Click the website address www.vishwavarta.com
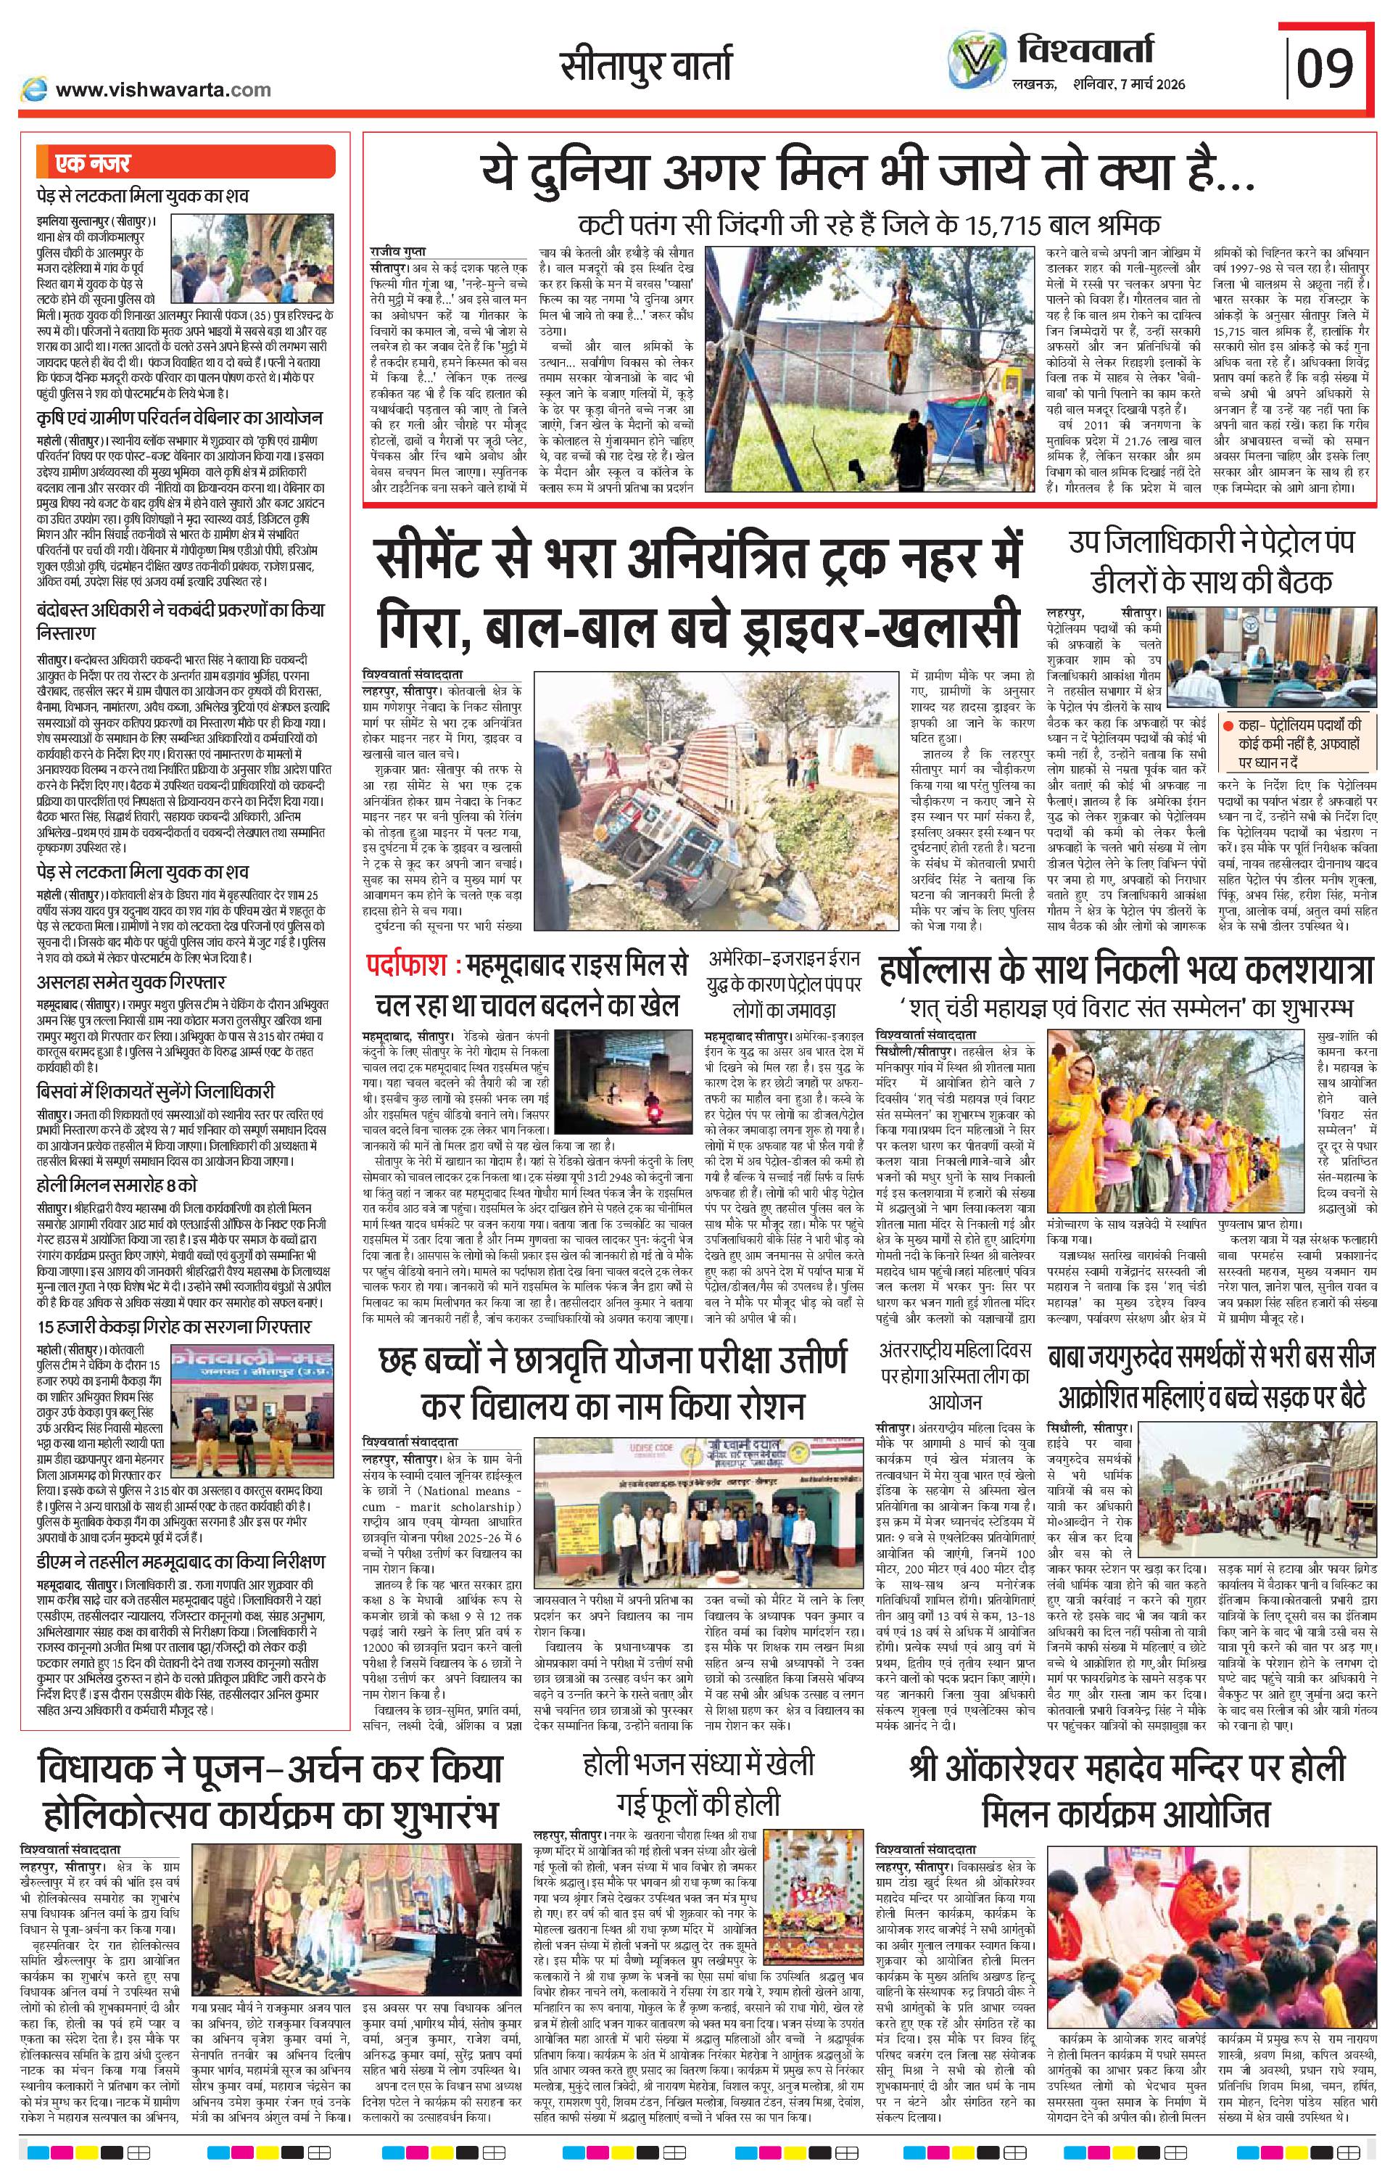click(x=162, y=89)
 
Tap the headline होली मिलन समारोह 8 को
click(x=117, y=1185)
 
